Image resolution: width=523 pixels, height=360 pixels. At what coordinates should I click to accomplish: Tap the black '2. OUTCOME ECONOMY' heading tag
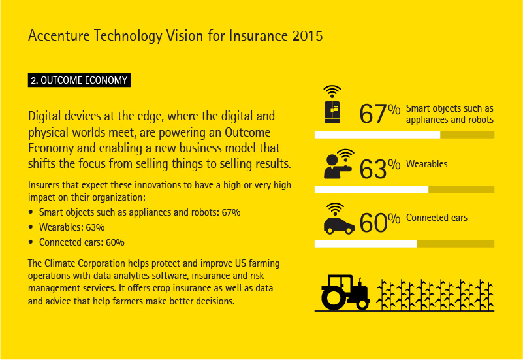click(79, 81)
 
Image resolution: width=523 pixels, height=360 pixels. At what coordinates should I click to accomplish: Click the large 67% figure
click(379, 114)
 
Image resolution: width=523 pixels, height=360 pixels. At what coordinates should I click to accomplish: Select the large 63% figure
click(379, 169)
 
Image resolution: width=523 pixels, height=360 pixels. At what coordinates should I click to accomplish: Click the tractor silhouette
click(345, 290)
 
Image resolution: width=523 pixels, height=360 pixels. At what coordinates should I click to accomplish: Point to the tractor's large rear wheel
click(334, 298)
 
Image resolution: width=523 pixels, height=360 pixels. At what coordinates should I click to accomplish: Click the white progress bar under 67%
click(377, 135)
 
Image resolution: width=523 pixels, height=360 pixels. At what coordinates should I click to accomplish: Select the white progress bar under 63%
click(372, 189)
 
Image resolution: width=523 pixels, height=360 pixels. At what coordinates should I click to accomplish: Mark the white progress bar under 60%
click(366, 244)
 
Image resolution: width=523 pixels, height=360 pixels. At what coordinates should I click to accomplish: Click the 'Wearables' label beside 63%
click(426, 164)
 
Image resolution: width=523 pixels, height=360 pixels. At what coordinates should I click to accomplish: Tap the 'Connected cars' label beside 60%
click(436, 218)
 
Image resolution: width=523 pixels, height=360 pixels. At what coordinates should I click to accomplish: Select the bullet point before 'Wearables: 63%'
click(31, 227)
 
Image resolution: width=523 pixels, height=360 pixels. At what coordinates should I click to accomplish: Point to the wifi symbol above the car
click(336, 208)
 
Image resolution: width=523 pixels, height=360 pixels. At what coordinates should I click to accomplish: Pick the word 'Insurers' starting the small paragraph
click(43, 185)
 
